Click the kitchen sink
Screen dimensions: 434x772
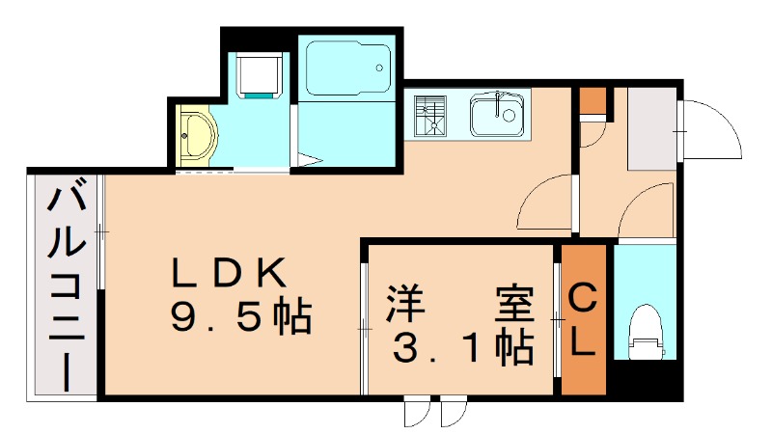click(x=499, y=115)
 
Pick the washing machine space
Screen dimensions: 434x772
click(x=260, y=76)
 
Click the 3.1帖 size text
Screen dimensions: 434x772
click(x=463, y=346)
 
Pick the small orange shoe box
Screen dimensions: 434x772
click(x=592, y=101)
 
